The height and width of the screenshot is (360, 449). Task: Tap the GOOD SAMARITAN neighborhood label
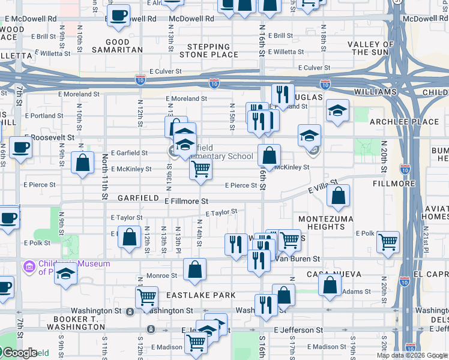(116, 46)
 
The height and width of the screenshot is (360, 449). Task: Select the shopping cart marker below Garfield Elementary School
(200, 169)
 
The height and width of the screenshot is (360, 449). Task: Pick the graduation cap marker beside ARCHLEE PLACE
(338, 110)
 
